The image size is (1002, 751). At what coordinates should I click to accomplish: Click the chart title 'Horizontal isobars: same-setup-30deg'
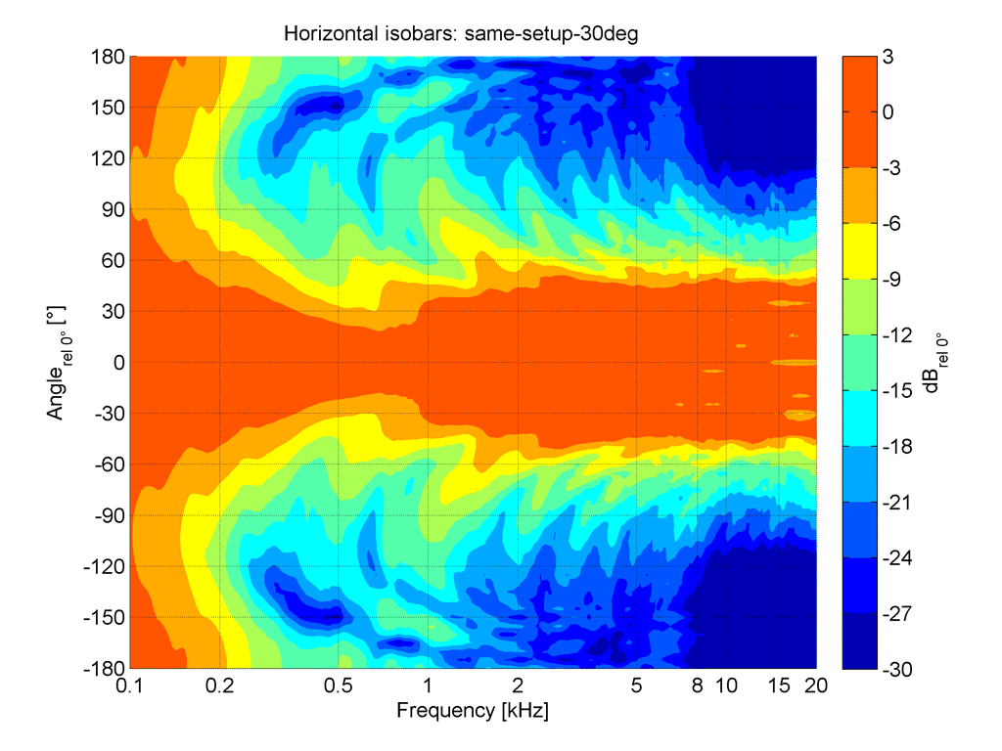pos(461,33)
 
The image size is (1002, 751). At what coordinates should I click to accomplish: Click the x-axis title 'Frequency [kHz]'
pos(473,710)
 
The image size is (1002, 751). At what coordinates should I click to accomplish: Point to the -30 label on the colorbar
pos(896,669)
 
